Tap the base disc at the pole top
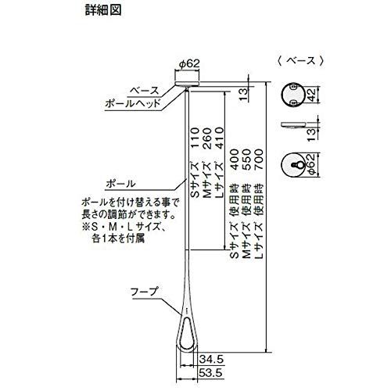point(187,80)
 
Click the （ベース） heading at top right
point(300,59)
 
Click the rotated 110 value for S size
point(193,145)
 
